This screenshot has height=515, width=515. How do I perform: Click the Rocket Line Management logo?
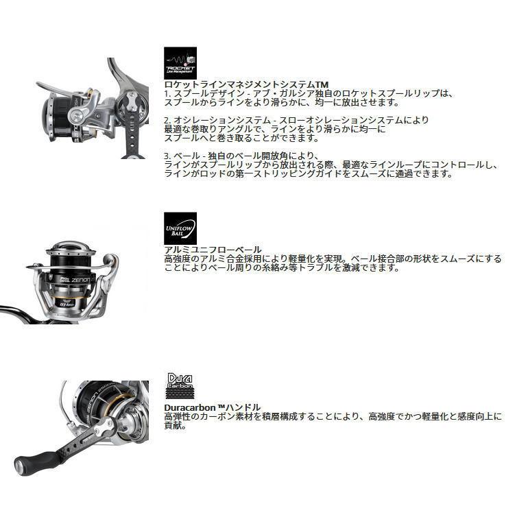coord(180,63)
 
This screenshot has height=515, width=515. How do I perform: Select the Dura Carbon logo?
coord(180,387)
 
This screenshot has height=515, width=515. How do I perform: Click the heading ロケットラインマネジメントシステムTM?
coord(246,84)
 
